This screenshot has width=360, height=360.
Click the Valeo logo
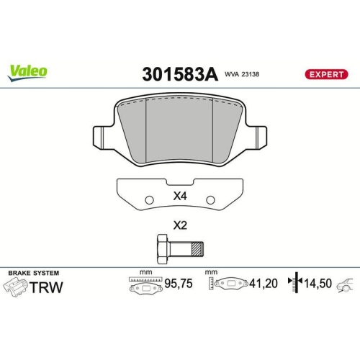click(x=28, y=71)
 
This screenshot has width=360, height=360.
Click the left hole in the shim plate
click(x=148, y=199)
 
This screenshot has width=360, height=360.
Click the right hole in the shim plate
click(x=210, y=199)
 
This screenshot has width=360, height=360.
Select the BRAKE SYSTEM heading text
click(x=34, y=273)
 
